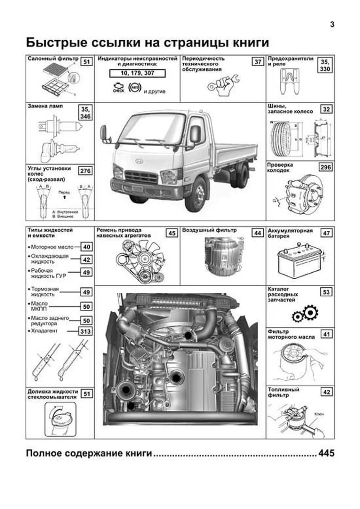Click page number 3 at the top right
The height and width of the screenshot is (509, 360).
(332, 25)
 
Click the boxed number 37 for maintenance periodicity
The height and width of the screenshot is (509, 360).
(258, 62)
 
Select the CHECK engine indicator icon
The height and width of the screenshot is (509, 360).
(118, 88)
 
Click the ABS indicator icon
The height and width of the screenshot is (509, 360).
(135, 87)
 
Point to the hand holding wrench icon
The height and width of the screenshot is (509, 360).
(223, 85)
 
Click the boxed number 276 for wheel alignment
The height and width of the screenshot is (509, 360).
(85, 171)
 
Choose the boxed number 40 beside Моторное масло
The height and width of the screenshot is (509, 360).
(86, 247)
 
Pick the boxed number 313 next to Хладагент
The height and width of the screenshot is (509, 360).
(86, 331)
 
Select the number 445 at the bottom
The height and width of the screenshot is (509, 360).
(326, 453)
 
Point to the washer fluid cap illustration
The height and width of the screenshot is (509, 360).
(60, 419)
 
